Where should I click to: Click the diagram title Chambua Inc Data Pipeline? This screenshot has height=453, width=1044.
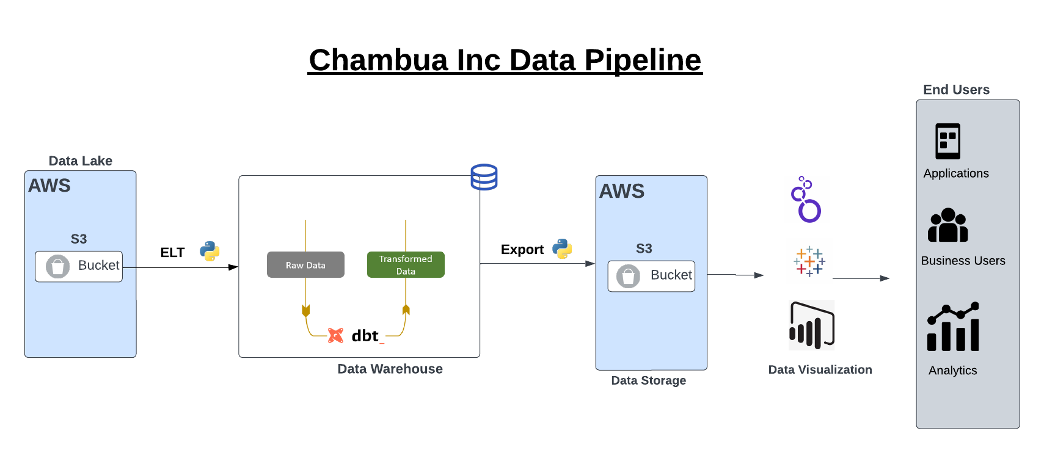(x=505, y=60)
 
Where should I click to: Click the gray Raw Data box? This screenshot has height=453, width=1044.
(x=305, y=265)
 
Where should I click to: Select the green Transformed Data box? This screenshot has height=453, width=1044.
(x=406, y=265)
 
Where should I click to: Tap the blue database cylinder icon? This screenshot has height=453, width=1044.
(x=484, y=177)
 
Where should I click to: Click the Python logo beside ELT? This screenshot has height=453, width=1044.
(x=210, y=251)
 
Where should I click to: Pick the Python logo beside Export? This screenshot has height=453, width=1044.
(x=562, y=248)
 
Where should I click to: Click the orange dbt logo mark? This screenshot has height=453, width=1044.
(x=335, y=335)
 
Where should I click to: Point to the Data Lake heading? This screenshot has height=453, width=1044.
(x=80, y=161)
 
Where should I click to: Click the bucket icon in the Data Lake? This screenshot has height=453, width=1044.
(x=57, y=267)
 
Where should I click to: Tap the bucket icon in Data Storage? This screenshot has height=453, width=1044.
(x=628, y=277)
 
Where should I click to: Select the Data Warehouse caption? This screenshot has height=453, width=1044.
(x=390, y=369)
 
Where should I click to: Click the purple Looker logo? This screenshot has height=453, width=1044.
(x=807, y=200)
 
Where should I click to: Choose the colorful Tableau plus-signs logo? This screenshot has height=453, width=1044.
(x=809, y=262)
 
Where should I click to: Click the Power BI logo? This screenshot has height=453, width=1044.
(x=812, y=325)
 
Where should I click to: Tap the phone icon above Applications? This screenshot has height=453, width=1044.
(x=947, y=141)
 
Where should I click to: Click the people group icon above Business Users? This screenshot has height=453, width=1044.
(x=947, y=225)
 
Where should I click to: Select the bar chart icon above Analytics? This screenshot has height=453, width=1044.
(x=953, y=327)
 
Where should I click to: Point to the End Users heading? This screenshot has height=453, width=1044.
(x=956, y=90)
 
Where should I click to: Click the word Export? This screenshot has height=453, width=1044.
(x=522, y=250)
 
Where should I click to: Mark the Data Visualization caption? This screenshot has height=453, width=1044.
(x=820, y=369)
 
